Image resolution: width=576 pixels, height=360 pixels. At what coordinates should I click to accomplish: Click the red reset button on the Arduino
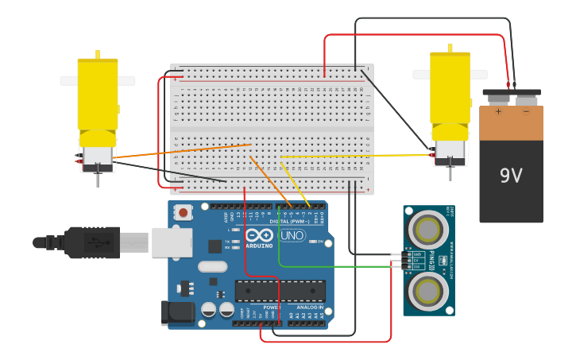pyautogui.click(x=184, y=212)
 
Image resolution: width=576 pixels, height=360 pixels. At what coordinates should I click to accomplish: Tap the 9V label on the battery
pyautogui.click(x=511, y=176)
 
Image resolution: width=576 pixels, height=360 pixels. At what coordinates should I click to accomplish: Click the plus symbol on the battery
pyautogui.click(x=498, y=112)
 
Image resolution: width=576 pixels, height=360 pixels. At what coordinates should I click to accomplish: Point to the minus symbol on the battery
pyautogui.click(x=525, y=112)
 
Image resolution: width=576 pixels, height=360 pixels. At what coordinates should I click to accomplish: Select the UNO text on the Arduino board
pyautogui.click(x=292, y=235)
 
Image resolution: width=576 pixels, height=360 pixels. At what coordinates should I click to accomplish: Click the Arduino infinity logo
pyautogui.click(x=259, y=235)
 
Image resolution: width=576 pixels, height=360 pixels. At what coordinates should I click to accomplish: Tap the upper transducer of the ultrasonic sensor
pyautogui.click(x=427, y=230)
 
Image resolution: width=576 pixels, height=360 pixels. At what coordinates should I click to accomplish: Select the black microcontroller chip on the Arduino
pyautogui.click(x=280, y=291)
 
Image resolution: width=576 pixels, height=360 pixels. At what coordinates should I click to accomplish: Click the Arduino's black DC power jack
pyautogui.click(x=177, y=312)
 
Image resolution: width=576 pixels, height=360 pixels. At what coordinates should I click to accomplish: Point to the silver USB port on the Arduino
pyautogui.click(x=172, y=242)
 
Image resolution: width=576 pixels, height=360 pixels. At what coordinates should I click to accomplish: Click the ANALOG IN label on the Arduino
pyautogui.click(x=309, y=307)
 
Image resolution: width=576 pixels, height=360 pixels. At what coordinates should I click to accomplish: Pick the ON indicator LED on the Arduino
pyautogui.click(x=313, y=242)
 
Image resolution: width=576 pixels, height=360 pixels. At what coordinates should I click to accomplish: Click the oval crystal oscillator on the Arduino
pyautogui.click(x=212, y=267)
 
